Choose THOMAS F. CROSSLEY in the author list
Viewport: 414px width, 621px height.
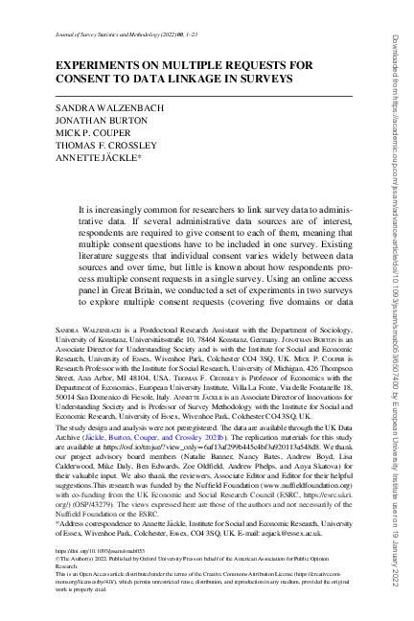click(95, 149)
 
